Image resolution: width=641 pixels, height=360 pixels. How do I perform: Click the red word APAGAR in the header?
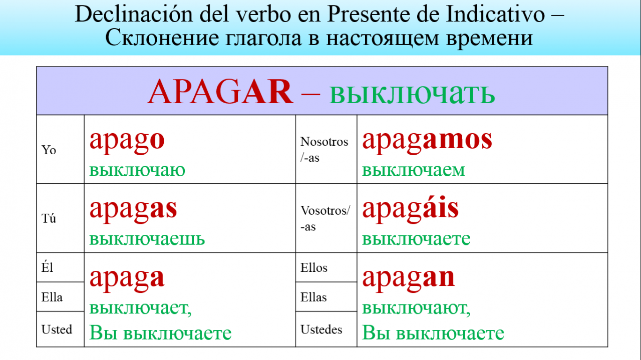pos(220,92)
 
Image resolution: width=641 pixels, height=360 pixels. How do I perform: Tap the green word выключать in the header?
pos(412,94)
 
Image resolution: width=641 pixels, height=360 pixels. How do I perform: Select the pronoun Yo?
pos(49,150)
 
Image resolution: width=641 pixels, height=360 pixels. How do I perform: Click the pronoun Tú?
pos(49,218)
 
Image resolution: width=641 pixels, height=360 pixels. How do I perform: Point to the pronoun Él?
pos(47,267)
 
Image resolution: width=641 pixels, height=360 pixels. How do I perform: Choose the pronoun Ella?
pos(52,297)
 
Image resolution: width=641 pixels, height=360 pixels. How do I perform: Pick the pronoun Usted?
pos(57,329)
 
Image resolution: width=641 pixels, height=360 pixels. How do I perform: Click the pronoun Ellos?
pos(313,268)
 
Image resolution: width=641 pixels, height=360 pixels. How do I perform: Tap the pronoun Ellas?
pos(313,297)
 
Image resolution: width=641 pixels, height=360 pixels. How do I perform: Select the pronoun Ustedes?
pos(321,329)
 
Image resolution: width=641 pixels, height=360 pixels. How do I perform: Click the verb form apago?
pos(127,142)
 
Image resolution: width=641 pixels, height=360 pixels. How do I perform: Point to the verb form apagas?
pos(133,211)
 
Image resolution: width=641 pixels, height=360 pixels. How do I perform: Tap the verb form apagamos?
pos(427,142)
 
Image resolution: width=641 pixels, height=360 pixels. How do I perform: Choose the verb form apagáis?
pos(410,210)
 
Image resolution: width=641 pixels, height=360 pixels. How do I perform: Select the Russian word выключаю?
pos(137,170)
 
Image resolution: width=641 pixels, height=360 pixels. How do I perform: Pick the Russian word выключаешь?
pos(147,239)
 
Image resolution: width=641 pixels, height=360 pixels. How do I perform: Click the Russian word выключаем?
pos(414,170)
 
